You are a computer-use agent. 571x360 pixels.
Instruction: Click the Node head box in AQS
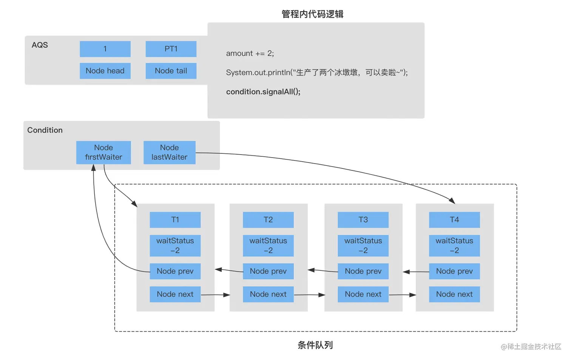pyautogui.click(x=105, y=71)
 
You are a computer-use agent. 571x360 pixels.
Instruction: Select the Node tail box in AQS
pyautogui.click(x=171, y=71)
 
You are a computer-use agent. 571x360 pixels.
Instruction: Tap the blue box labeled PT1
pyautogui.click(x=171, y=49)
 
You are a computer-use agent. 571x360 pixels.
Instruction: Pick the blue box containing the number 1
pyautogui.click(x=105, y=49)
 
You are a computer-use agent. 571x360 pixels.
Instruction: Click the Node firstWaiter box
pyautogui.click(x=103, y=152)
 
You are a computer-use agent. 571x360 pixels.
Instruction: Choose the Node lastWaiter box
pyautogui.click(x=169, y=152)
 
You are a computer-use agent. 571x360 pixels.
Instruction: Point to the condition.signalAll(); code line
pyautogui.click(x=263, y=92)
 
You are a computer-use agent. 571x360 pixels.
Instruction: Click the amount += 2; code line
pyautogui.click(x=250, y=53)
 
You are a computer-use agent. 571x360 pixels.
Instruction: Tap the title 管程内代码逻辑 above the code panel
pyautogui.click(x=312, y=14)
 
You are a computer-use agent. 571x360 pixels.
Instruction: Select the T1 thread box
pyautogui.click(x=175, y=219)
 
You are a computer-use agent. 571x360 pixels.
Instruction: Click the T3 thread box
pyautogui.click(x=363, y=219)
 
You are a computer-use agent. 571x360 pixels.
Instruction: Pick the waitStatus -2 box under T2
pyautogui.click(x=268, y=246)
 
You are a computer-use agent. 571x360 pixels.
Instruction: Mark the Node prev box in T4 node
pyautogui.click(x=454, y=271)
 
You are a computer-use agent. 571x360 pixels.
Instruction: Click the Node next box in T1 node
pyautogui.click(x=175, y=294)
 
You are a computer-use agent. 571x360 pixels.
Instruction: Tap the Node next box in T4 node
pyautogui.click(x=454, y=294)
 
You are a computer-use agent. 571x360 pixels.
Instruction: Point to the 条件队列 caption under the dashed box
pyautogui.click(x=315, y=345)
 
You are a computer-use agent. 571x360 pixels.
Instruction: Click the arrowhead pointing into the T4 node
pyautogui.click(x=452, y=200)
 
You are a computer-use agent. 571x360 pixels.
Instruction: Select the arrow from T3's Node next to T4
pyautogui.click(x=403, y=295)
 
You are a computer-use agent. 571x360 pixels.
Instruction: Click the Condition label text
pyautogui.click(x=45, y=130)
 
